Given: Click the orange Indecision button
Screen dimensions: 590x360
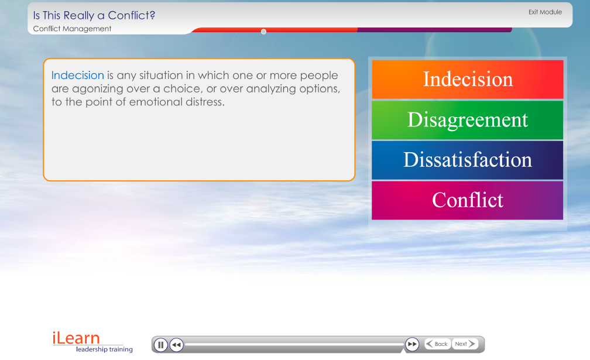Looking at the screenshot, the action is click(467, 80).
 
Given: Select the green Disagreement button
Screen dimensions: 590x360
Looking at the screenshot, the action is click(467, 120).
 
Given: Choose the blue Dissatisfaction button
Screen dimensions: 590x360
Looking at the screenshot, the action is click(467, 160).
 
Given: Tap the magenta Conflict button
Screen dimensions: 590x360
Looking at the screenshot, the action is click(467, 201).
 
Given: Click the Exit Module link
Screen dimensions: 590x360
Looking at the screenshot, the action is click(545, 12).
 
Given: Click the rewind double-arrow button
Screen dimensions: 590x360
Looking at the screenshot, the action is click(177, 345).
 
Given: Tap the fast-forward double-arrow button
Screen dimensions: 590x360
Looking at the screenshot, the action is click(412, 344).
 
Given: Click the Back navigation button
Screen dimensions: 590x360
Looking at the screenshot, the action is click(437, 344).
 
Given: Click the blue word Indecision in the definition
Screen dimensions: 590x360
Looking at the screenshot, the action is click(77, 76).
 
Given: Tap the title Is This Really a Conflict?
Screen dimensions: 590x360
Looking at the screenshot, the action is click(94, 15).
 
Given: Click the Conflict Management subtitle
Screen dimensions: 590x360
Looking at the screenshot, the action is click(72, 29).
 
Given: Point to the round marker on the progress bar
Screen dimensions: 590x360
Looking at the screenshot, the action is click(263, 32).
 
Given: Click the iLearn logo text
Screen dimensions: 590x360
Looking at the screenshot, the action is click(76, 338).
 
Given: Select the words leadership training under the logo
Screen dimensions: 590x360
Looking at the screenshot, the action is click(104, 349).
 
